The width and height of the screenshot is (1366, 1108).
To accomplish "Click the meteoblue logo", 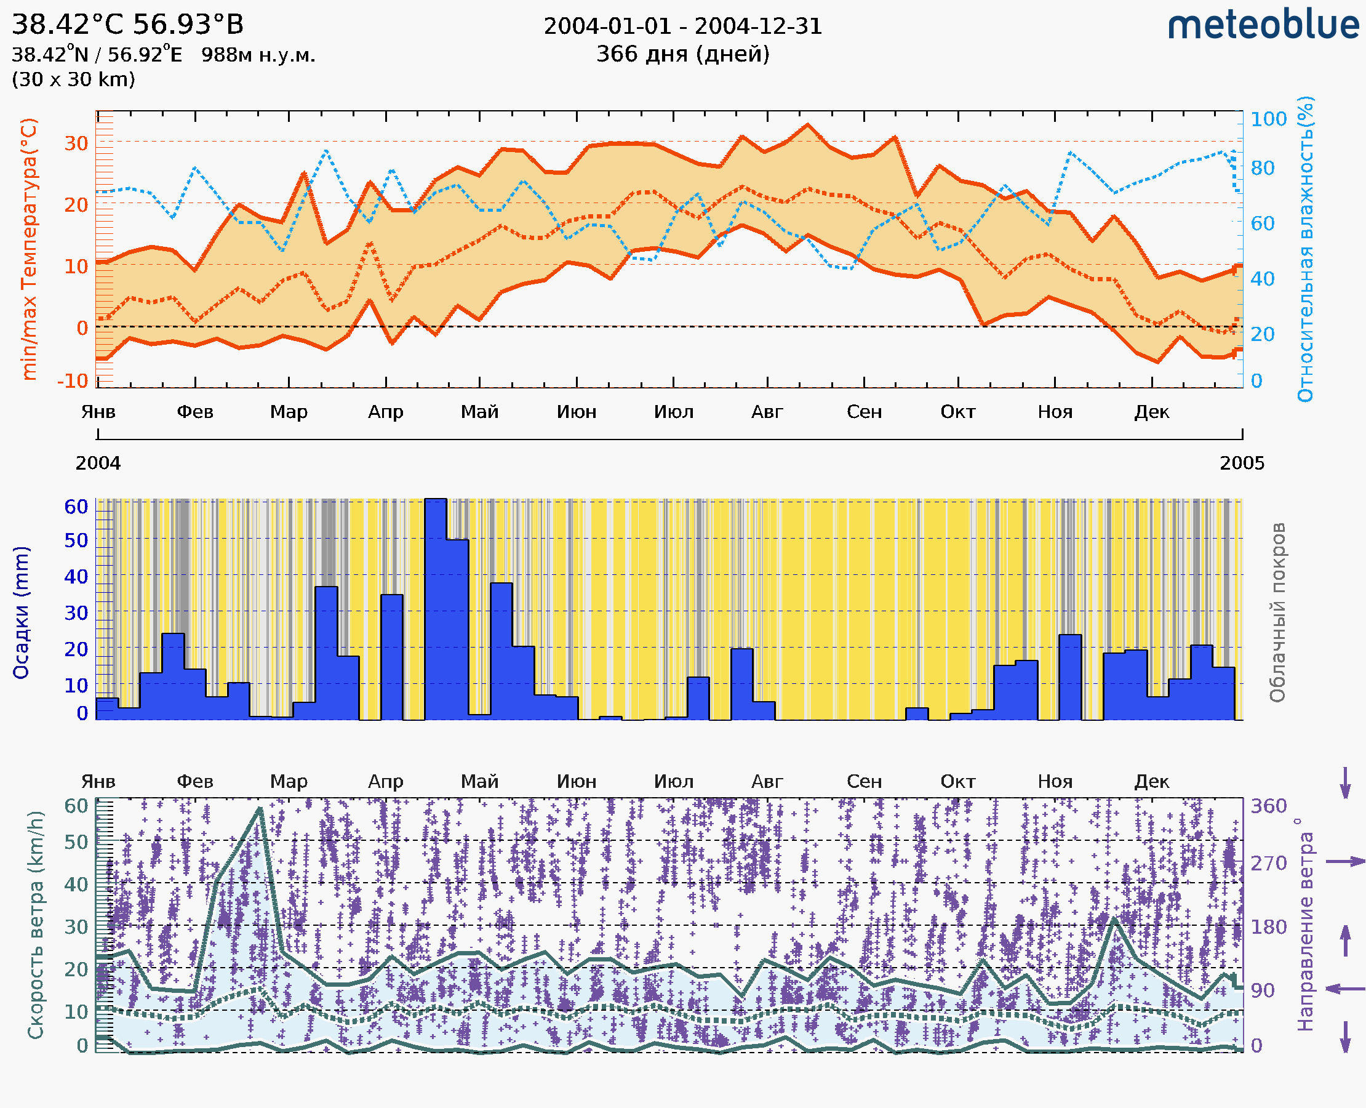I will pyautogui.click(x=1263, y=25).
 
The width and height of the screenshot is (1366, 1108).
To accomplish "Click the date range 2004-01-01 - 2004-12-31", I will pyautogui.click(x=682, y=26).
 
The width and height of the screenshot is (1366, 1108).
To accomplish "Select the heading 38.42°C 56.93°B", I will pyautogui.click(x=127, y=25).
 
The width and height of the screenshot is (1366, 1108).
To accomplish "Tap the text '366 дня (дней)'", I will pyautogui.click(x=682, y=54).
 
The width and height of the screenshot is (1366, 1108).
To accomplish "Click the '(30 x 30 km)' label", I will pyautogui.click(x=73, y=79).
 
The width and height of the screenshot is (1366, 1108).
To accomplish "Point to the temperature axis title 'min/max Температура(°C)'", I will pyautogui.click(x=29, y=249).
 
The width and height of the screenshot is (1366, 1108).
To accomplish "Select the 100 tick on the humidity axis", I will pyautogui.click(x=1268, y=119).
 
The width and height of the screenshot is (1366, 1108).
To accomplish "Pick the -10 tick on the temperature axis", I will pyautogui.click(x=73, y=381).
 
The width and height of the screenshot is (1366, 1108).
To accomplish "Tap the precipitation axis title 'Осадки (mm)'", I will pyautogui.click(x=21, y=612).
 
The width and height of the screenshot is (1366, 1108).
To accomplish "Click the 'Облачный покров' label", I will pyautogui.click(x=1277, y=612).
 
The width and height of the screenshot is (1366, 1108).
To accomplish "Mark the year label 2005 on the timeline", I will pyautogui.click(x=1242, y=464).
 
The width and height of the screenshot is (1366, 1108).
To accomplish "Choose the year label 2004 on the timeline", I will pyautogui.click(x=98, y=464).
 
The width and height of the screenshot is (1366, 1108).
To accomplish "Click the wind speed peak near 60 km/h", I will pyautogui.click(x=260, y=809).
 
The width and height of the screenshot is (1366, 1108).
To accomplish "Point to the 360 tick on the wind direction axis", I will pyautogui.click(x=1268, y=806).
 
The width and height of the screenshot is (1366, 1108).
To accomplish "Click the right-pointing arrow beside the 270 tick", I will pyautogui.click(x=1345, y=862).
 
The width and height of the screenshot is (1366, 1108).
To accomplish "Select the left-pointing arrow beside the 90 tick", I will pyautogui.click(x=1345, y=989).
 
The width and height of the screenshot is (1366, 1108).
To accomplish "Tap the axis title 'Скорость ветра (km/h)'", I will pyautogui.click(x=36, y=925).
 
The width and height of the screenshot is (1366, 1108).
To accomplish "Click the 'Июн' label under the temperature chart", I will pyautogui.click(x=576, y=412).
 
